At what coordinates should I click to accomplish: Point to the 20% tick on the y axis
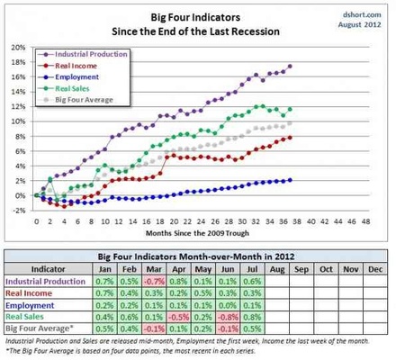19,47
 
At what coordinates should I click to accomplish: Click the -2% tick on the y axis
19,211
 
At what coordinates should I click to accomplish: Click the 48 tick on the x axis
376,220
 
